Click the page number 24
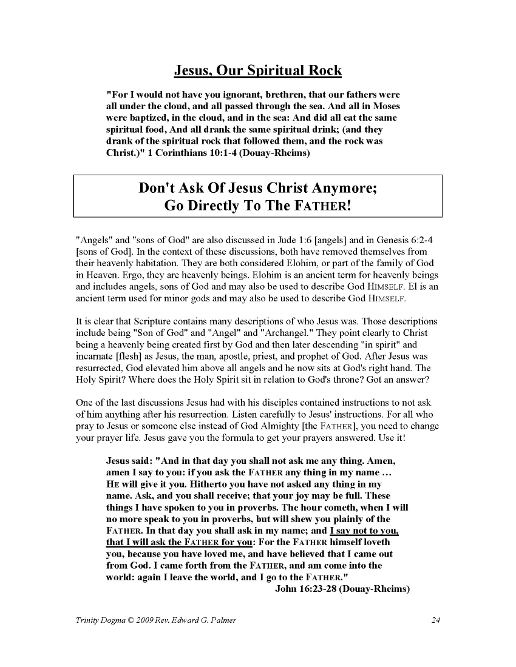click(x=435, y=620)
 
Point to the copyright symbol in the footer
click(x=136, y=620)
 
